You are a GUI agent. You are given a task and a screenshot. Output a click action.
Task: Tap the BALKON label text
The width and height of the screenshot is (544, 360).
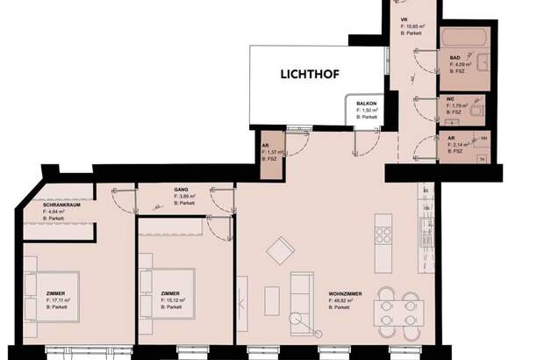click(367, 104)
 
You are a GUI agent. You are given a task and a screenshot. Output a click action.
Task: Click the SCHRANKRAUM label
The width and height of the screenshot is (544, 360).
click(61, 205)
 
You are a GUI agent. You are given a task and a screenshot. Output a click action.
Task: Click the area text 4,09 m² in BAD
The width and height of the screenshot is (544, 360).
click(462, 64)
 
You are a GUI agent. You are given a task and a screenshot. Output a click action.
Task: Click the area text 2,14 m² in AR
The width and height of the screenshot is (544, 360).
click(457, 145)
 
